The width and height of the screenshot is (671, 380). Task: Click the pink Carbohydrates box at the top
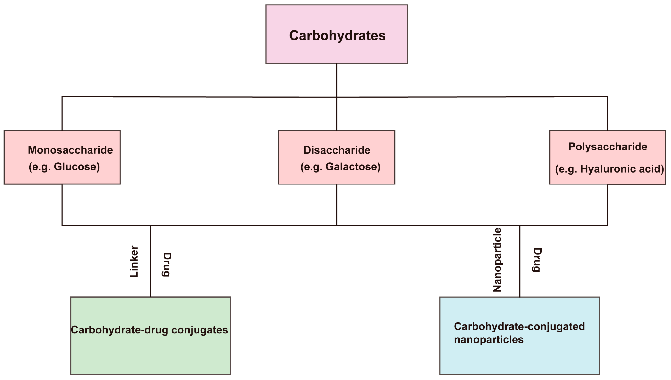point(337,34)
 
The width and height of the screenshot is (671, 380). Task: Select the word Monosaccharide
point(70,150)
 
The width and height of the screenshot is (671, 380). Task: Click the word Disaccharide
point(337,150)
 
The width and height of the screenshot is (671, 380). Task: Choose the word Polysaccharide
point(608,147)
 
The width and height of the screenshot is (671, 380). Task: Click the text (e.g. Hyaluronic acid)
point(609,169)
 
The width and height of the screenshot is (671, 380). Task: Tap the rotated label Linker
point(134,261)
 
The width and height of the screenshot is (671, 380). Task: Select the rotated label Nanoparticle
point(497,260)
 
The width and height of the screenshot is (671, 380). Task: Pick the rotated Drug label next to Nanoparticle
point(537,260)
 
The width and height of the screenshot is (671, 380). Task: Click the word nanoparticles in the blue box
point(489,340)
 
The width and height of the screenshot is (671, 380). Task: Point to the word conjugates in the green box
point(200,330)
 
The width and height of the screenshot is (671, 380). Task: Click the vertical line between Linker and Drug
point(150,261)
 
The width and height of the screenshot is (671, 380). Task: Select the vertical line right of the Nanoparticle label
point(519,261)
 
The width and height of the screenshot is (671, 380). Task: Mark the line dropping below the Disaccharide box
point(337,205)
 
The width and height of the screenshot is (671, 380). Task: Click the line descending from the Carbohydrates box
point(337,80)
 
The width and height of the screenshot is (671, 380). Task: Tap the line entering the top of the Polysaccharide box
point(608,114)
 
